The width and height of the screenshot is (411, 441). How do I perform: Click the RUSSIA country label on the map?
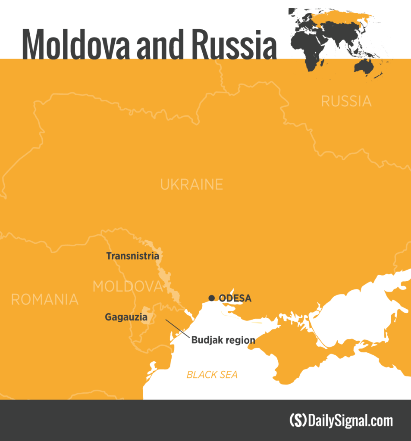[346, 101]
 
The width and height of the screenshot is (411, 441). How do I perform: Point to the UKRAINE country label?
[191, 184]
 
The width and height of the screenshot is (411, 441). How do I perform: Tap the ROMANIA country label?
[45, 299]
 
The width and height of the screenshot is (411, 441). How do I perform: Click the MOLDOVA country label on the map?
[127, 286]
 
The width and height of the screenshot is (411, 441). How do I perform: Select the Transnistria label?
[132, 256]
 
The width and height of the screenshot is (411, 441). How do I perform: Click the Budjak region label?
[223, 340]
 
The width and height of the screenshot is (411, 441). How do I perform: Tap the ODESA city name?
[235, 298]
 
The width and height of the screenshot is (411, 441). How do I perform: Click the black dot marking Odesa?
[211, 298]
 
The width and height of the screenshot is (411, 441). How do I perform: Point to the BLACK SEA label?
[212, 375]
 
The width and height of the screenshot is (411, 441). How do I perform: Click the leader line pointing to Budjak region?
[177, 328]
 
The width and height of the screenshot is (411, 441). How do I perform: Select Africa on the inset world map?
[307, 47]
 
